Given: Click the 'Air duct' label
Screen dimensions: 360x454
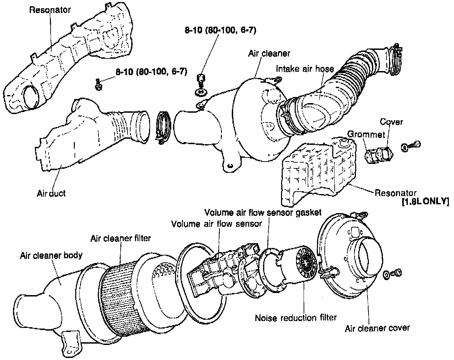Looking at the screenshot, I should (51, 193).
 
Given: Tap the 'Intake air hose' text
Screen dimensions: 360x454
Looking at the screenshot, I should (305, 69).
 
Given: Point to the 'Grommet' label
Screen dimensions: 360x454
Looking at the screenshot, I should (361, 134).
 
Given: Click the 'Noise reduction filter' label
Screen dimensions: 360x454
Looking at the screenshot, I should (296, 318).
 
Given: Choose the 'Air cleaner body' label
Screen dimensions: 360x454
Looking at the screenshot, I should (51, 255).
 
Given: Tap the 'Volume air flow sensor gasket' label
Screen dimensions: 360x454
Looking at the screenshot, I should (263, 212).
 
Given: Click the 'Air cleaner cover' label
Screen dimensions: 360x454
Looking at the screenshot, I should (377, 328).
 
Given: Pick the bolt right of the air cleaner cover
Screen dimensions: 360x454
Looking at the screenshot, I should (396, 273).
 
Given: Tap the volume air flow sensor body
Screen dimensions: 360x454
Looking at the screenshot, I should (219, 273).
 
